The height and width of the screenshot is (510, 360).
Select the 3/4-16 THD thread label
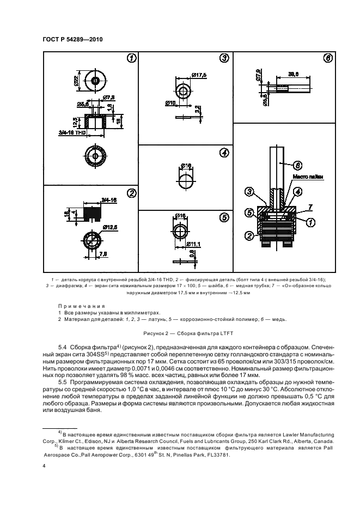(71, 132)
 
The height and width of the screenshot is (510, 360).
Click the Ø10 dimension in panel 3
(170, 102)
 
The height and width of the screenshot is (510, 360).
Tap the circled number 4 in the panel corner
(223, 153)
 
